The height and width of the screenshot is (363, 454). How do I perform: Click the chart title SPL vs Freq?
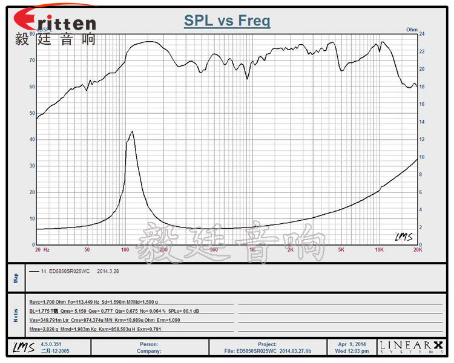227,21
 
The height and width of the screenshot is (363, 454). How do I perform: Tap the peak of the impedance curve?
131,131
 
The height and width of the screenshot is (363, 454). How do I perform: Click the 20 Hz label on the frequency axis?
42,249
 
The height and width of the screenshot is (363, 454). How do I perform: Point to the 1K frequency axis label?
252,249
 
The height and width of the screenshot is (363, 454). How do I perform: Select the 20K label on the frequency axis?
416,249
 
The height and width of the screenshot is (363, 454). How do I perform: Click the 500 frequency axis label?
213,249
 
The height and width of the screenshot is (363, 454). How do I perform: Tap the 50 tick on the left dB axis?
31,113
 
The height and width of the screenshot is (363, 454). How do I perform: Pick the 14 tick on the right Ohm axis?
423,122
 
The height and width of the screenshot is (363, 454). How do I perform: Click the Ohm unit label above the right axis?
412,29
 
